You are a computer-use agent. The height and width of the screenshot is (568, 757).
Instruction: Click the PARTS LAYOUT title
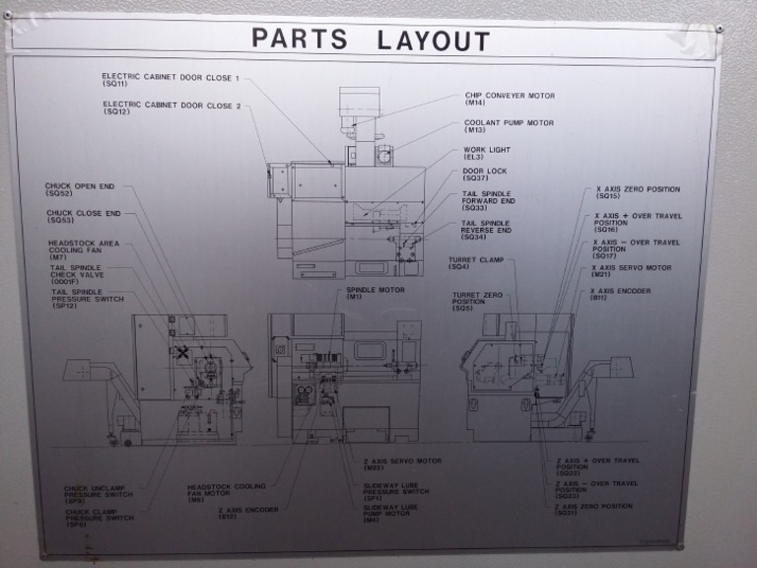click(x=370, y=39)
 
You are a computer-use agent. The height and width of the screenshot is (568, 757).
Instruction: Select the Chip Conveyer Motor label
click(x=509, y=100)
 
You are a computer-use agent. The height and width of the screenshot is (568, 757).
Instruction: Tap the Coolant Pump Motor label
click(x=509, y=126)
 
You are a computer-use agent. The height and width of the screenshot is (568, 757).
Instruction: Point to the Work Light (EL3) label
click(x=487, y=153)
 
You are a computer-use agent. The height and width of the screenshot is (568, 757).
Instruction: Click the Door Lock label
click(x=484, y=174)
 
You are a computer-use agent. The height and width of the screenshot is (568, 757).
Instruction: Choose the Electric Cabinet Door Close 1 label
click(x=171, y=80)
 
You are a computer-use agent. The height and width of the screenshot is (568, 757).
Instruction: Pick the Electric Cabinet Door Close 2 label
click(x=171, y=107)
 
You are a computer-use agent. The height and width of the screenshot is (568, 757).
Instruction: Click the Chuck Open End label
click(x=80, y=188)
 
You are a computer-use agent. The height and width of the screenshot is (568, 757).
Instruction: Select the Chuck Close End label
click(x=83, y=216)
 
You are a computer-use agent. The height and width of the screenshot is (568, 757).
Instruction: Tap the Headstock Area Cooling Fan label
click(x=83, y=249)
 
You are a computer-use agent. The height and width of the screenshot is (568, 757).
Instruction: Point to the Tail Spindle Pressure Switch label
click(x=88, y=298)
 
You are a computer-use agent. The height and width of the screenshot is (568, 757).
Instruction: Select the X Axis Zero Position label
click(x=637, y=192)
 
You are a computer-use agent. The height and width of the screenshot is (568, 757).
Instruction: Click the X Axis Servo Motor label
click(x=631, y=270)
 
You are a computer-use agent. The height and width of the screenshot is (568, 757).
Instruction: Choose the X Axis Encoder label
click(x=620, y=293)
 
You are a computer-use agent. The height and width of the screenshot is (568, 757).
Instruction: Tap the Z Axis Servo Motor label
click(x=401, y=463)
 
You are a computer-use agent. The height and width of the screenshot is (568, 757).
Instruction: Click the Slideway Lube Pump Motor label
click(x=390, y=512)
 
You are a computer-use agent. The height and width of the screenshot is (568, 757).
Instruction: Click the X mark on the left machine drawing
click(x=182, y=351)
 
